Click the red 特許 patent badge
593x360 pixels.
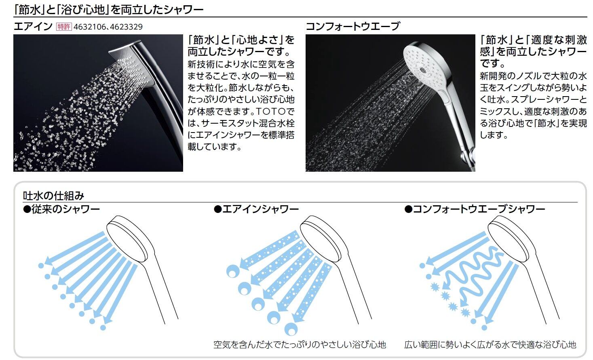click(x=64, y=27)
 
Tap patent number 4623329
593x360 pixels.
click(x=126, y=27)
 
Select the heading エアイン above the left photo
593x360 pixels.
click(x=33, y=27)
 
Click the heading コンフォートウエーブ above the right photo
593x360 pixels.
click(x=352, y=27)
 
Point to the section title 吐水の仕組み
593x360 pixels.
click(x=53, y=196)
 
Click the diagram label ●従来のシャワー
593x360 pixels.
click(x=61, y=209)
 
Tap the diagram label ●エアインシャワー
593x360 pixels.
click(x=256, y=209)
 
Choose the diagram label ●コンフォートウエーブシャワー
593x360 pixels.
click(x=475, y=209)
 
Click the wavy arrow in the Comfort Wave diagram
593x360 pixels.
click(x=472, y=275)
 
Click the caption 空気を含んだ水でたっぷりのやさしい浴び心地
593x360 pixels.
click(x=300, y=345)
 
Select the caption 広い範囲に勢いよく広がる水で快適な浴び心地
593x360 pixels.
click(x=490, y=345)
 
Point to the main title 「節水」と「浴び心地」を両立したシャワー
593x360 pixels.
click(x=109, y=10)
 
